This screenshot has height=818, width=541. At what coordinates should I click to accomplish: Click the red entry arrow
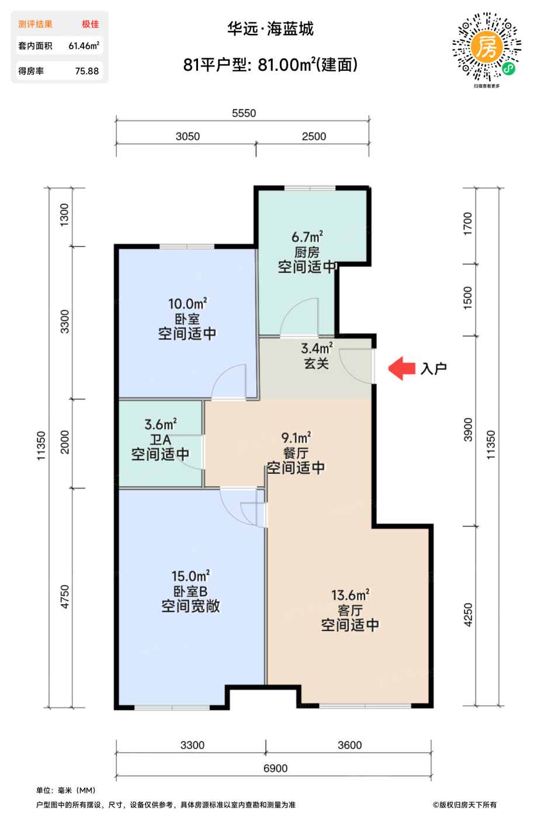tap(401, 368)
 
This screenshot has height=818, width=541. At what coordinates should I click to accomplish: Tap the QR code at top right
tap(487, 47)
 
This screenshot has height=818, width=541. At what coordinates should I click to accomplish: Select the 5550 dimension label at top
tap(244, 113)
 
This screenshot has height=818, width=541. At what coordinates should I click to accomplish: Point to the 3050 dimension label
tap(188, 137)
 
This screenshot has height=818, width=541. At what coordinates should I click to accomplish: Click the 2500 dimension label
tap(314, 137)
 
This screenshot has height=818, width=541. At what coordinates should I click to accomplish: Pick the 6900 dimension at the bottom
tap(275, 768)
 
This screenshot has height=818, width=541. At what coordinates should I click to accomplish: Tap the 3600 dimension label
tap(350, 745)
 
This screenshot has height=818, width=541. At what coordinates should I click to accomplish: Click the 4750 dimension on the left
tap(65, 597)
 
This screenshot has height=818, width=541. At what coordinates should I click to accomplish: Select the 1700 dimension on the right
tap(467, 224)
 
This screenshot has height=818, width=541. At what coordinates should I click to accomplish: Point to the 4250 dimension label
tap(467, 615)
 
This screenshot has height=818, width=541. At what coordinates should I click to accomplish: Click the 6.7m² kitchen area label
tap(307, 237)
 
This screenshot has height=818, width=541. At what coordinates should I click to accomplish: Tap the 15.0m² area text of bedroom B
tap(190, 576)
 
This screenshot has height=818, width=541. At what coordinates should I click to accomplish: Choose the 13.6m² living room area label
tap(350, 595)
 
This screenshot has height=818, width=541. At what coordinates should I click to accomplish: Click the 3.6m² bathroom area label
tap(161, 424)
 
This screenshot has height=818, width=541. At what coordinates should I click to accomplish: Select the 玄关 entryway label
tap(317, 363)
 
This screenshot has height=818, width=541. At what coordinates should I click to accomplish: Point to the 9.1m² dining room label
tap(296, 438)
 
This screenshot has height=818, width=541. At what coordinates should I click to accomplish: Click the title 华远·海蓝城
tap(270, 29)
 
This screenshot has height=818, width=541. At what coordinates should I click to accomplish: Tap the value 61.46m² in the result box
tap(84, 46)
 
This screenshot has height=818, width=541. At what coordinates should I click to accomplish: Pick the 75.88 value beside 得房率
tap(87, 71)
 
